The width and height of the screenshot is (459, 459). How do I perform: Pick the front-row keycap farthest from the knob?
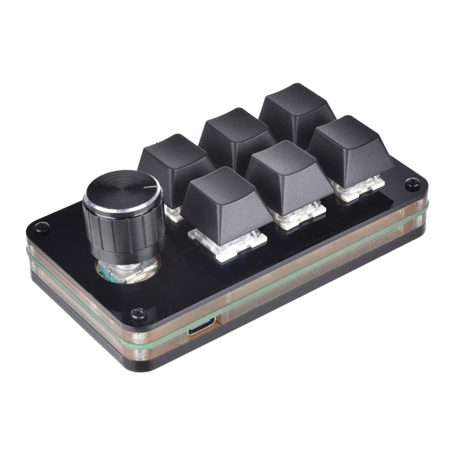point(350,146)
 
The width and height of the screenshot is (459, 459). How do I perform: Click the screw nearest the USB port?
point(138,313)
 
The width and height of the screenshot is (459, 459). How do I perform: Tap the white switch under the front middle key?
point(295,215)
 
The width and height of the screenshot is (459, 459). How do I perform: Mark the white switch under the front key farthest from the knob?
point(359,189)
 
